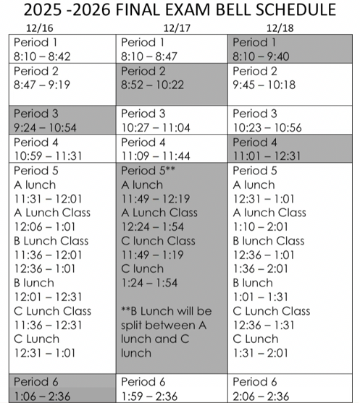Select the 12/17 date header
coord(176,29)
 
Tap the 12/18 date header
coord(278,29)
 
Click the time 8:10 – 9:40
coord(264,56)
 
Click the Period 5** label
coord(148,170)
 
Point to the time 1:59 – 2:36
coord(152,394)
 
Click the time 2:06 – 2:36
coord(263,394)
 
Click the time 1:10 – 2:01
coord(261,226)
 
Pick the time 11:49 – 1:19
coord(153,254)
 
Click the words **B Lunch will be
coord(166,310)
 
